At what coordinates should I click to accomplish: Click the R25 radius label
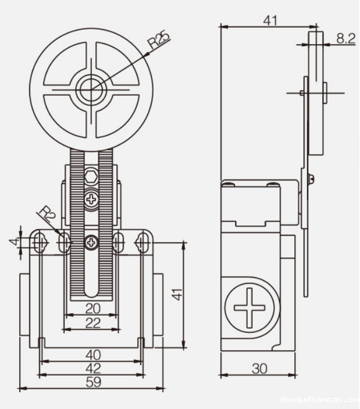pos(158,42)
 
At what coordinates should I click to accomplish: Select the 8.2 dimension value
pos(345,38)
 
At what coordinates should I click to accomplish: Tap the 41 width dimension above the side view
pos(269,20)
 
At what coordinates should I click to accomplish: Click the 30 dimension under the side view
pos(259,368)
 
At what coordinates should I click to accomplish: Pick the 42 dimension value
pos(93,368)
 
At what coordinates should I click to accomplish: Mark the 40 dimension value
pos(93,354)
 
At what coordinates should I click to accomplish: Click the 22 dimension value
pos(92,324)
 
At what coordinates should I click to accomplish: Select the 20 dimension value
pos(92,308)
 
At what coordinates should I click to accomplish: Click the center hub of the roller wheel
pos(90,89)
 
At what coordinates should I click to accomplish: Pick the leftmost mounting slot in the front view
pos(40,241)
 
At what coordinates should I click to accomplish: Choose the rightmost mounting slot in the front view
pos(142,242)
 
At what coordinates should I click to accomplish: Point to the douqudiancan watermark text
pos(319,399)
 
